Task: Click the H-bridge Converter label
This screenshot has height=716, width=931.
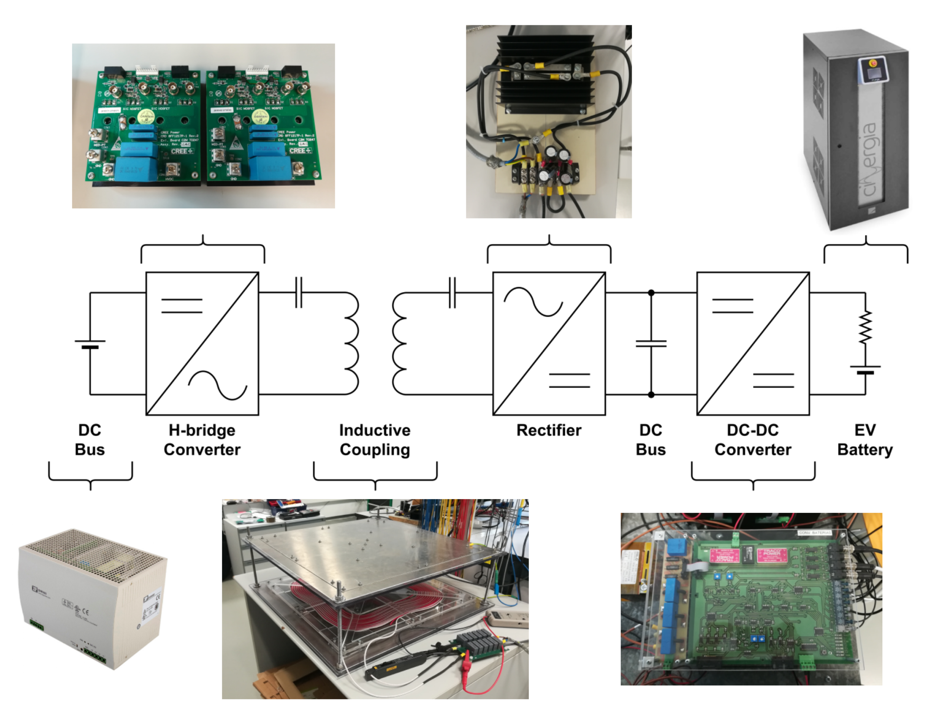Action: pos(202,440)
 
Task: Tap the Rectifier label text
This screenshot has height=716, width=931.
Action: pos(549,430)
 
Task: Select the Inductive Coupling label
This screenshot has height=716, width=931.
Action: pos(375,440)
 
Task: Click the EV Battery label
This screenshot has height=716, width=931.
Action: pos(865,440)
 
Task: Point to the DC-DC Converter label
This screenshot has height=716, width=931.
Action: pos(753,440)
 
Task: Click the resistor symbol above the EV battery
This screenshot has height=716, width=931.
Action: pos(865,327)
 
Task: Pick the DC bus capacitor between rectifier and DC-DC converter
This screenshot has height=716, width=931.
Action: pos(651,343)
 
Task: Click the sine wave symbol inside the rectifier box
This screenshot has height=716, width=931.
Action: pos(533,302)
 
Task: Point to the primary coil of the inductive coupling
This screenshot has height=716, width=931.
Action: pos(352,343)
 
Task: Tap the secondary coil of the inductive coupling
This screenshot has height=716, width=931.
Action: pos(399,343)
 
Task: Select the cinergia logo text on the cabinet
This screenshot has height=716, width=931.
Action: pos(868,160)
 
